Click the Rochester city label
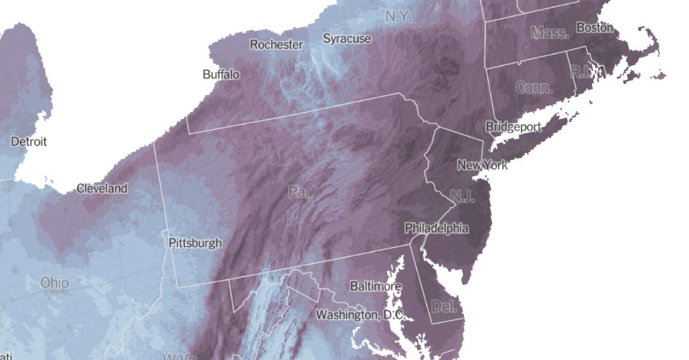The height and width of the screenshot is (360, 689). click(276, 45)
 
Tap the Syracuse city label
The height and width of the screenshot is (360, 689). click(346, 39)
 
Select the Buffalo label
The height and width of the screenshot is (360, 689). click(221, 75)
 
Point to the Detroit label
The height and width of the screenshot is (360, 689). click(29, 142)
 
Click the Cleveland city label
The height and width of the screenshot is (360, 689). click(102, 188)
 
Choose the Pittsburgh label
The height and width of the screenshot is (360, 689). click(195, 243)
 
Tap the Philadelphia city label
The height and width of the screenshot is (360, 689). click(436, 228)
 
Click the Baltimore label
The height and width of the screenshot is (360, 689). click(375, 287)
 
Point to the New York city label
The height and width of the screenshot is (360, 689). click(482, 165)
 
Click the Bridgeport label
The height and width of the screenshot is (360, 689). click(513, 127)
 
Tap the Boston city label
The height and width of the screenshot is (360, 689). click(595, 28)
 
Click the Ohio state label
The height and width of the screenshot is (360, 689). click(54, 283)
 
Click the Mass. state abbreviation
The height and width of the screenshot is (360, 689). click(549, 32)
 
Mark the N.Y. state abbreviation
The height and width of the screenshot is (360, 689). click(398, 16)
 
